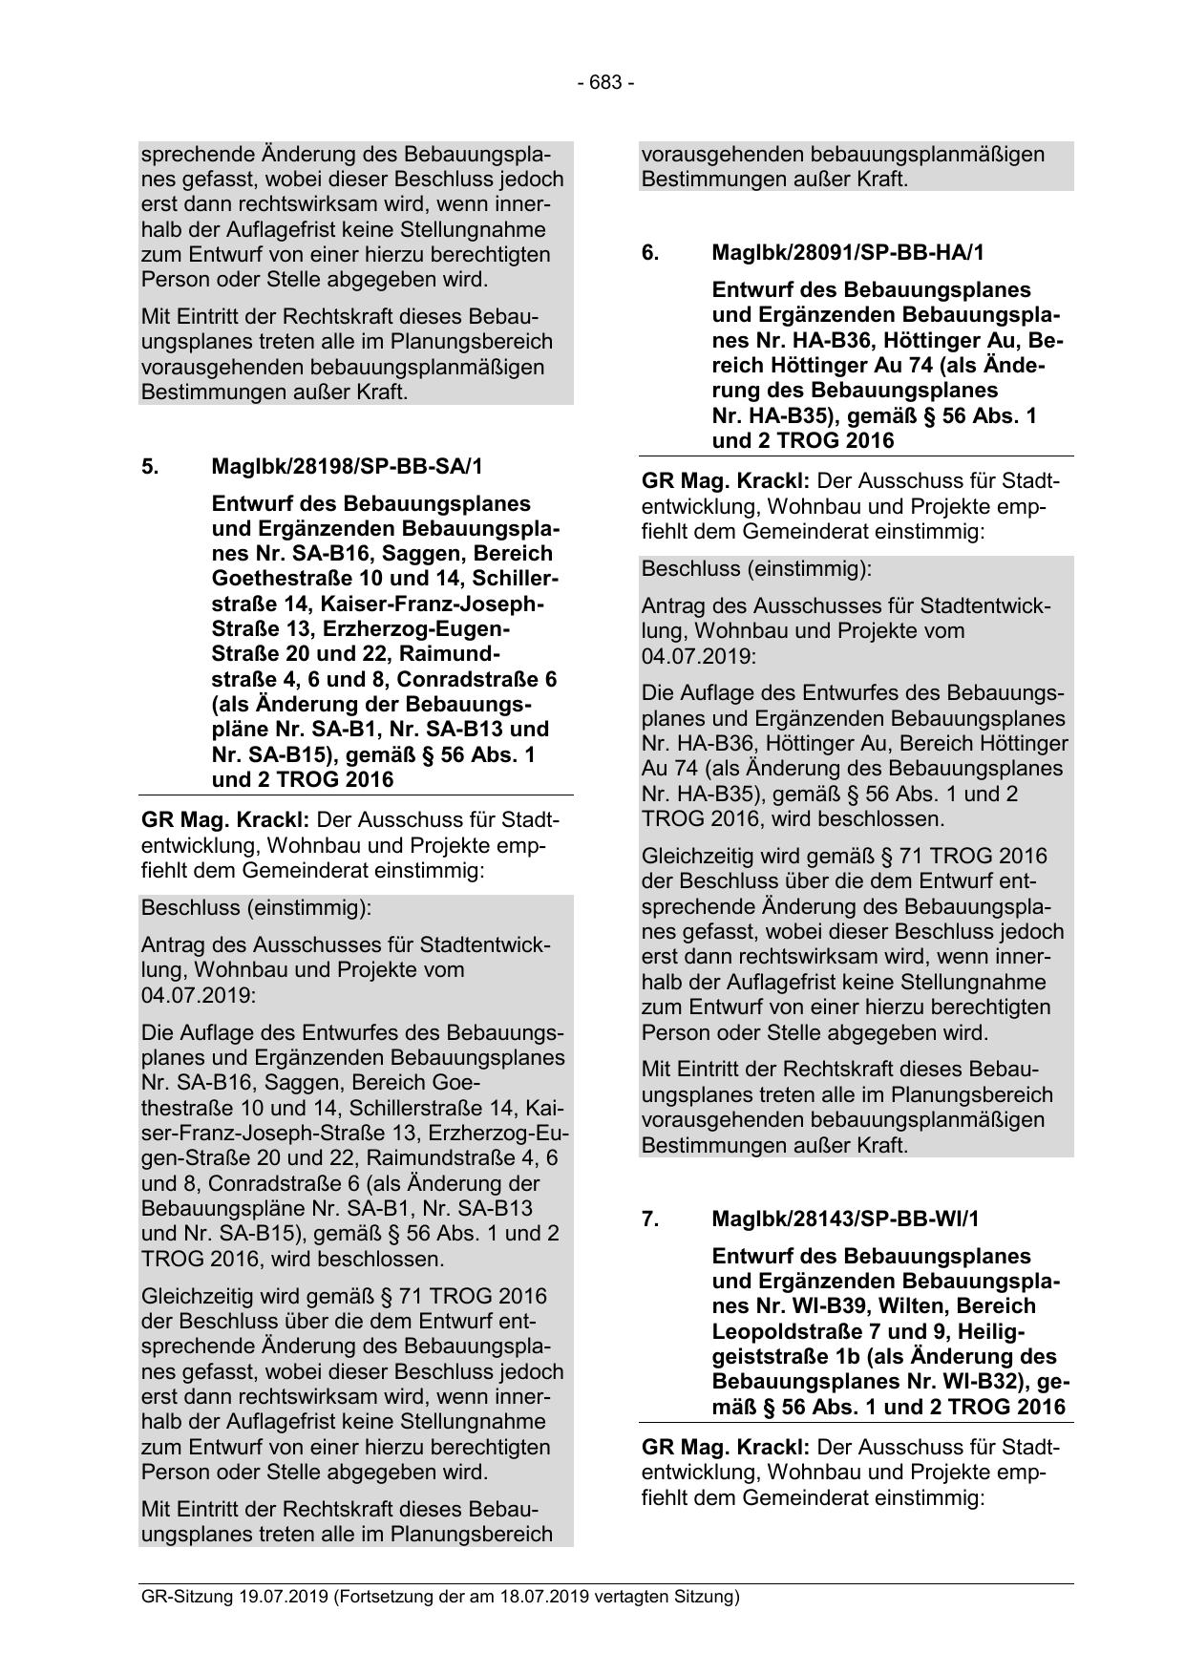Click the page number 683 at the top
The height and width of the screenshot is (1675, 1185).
[605, 83]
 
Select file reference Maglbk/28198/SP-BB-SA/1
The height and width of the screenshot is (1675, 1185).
[348, 467]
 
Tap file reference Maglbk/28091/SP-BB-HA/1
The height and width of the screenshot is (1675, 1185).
[848, 253]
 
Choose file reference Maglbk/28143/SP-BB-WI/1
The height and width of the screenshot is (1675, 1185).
[845, 1219]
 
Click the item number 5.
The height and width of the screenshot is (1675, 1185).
[150, 467]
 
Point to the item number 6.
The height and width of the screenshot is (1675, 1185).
[650, 253]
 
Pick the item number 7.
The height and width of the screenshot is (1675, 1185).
[650, 1219]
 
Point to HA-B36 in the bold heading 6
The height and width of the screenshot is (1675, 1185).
[830, 341]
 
